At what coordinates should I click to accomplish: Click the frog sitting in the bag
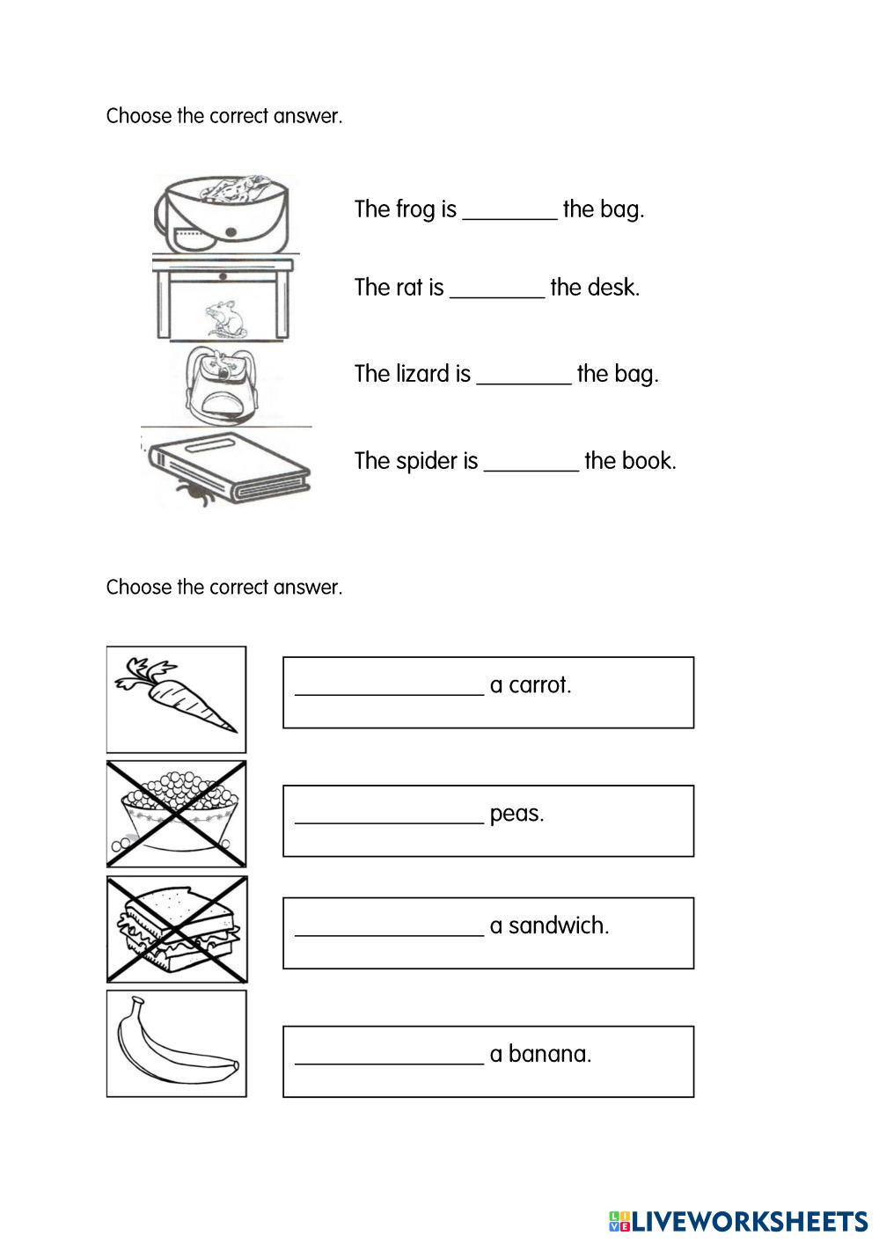click(233, 188)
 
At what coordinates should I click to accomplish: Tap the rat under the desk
click(223, 318)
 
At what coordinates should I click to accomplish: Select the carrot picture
click(177, 698)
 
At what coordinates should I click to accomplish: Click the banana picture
click(177, 1043)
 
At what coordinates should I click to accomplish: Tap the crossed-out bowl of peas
click(177, 814)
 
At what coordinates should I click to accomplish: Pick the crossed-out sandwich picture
click(177, 929)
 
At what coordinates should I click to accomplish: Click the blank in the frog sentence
click(509, 211)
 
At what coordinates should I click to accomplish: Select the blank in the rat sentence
click(497, 289)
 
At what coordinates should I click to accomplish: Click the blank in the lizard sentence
click(524, 376)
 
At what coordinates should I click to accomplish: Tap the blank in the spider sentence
click(531, 463)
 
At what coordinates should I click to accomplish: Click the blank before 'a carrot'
click(389, 686)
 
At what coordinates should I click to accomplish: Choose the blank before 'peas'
click(389, 815)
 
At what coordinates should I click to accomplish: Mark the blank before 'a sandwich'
click(389, 927)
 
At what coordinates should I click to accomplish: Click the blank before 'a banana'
click(389, 1056)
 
